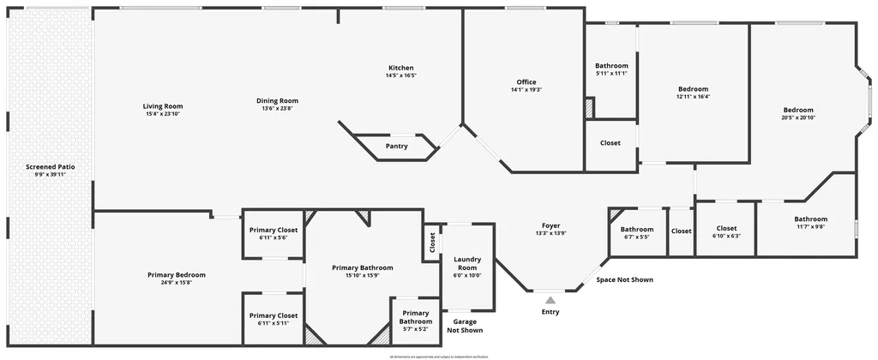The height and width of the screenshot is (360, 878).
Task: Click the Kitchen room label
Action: [401, 68]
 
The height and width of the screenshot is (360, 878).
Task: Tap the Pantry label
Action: [396, 146]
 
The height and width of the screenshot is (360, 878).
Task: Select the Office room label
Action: [526, 82]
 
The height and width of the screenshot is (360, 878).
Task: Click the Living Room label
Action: [163, 106]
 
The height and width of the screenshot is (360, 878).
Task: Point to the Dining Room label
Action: [277, 101]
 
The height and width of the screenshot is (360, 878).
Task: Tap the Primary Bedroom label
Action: [176, 275]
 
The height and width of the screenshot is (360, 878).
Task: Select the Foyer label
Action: [550, 226]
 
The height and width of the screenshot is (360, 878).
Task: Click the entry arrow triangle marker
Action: [550, 299]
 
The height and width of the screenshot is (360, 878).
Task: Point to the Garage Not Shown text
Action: [465, 326]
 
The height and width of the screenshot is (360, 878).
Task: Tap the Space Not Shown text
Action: [624, 279]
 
